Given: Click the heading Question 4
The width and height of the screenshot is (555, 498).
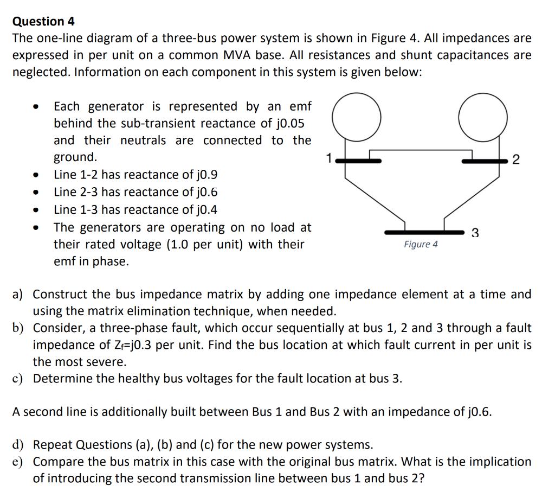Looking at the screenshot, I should pos(43,22).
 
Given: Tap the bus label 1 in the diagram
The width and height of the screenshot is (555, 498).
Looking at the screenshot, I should pos(328,158).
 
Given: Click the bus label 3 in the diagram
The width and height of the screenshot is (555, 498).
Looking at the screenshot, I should pos(475,234).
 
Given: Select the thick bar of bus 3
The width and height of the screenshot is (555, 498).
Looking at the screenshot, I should pos(424,232).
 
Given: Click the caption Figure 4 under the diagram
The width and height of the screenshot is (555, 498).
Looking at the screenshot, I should pos(421,245).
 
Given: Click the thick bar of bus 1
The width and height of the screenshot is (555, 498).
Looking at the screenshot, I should pos(358,161).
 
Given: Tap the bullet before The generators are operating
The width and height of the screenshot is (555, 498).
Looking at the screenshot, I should pos(35,228).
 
